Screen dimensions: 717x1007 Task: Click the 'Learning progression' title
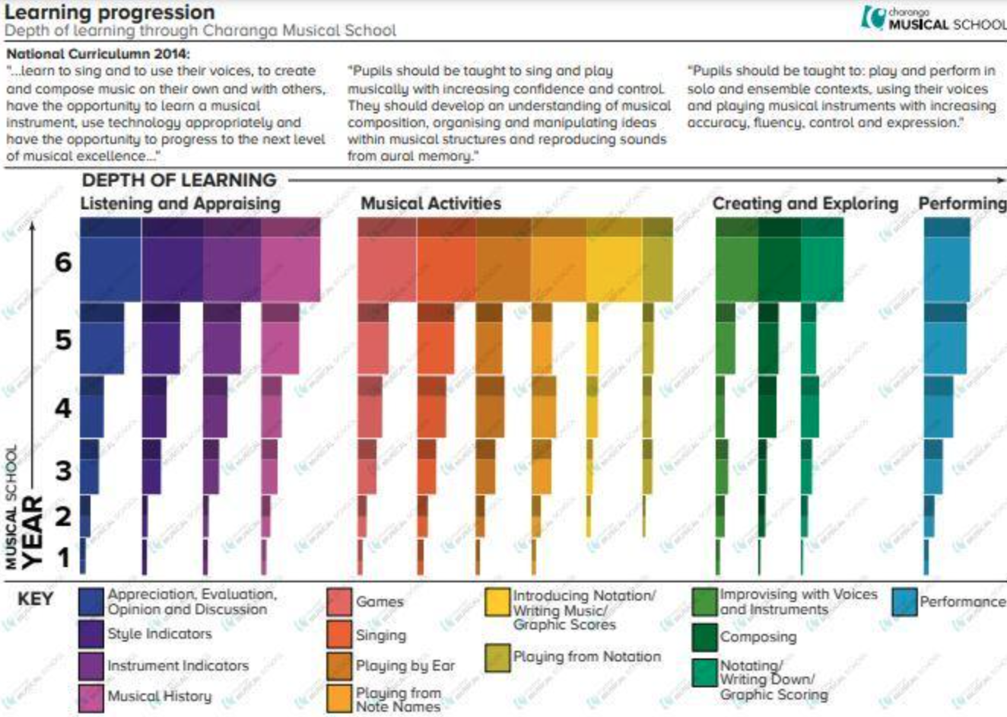110,12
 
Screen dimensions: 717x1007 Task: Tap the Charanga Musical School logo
933,18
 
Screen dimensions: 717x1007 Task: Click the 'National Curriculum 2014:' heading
98,54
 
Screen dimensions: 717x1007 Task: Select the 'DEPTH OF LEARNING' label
179,180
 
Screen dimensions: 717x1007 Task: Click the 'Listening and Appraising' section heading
180,204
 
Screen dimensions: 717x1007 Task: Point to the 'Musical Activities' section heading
430,204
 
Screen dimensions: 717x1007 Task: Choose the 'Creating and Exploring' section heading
805,204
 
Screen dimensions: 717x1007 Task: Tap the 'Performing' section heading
962,204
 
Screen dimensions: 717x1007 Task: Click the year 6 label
63,263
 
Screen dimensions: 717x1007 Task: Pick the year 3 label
64,470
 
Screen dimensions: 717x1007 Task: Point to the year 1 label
64,558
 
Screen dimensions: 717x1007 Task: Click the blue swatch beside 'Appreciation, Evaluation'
91,601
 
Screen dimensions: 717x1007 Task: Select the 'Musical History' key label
160,696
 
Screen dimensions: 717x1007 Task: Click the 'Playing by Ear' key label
405,666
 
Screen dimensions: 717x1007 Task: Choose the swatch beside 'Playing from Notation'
497,657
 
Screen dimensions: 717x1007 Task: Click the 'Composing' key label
758,637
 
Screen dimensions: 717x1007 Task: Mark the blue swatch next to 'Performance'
904,601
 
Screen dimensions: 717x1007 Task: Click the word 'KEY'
36,599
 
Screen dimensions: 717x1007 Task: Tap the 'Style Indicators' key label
159,633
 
